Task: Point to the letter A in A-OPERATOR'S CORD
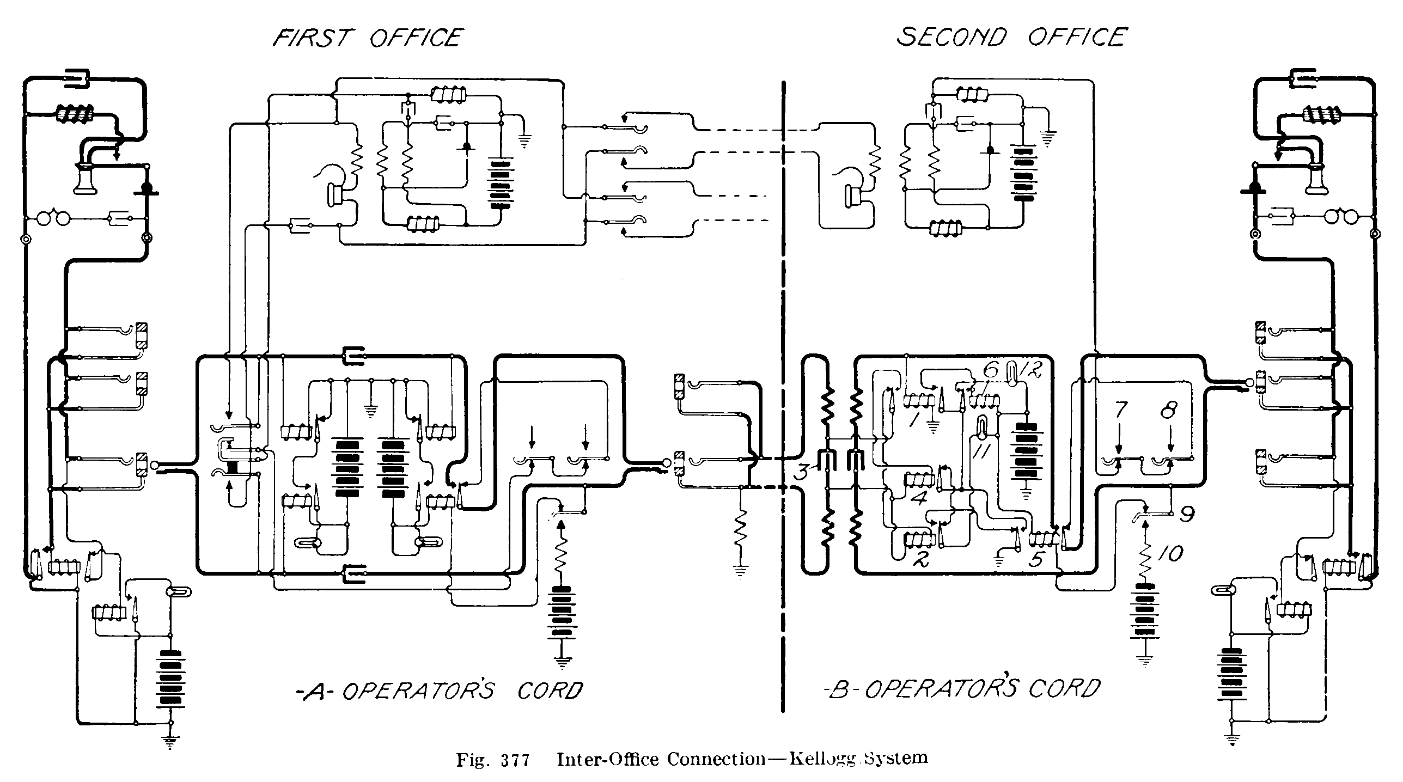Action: (318, 691)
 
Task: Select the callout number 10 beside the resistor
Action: (1170, 554)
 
